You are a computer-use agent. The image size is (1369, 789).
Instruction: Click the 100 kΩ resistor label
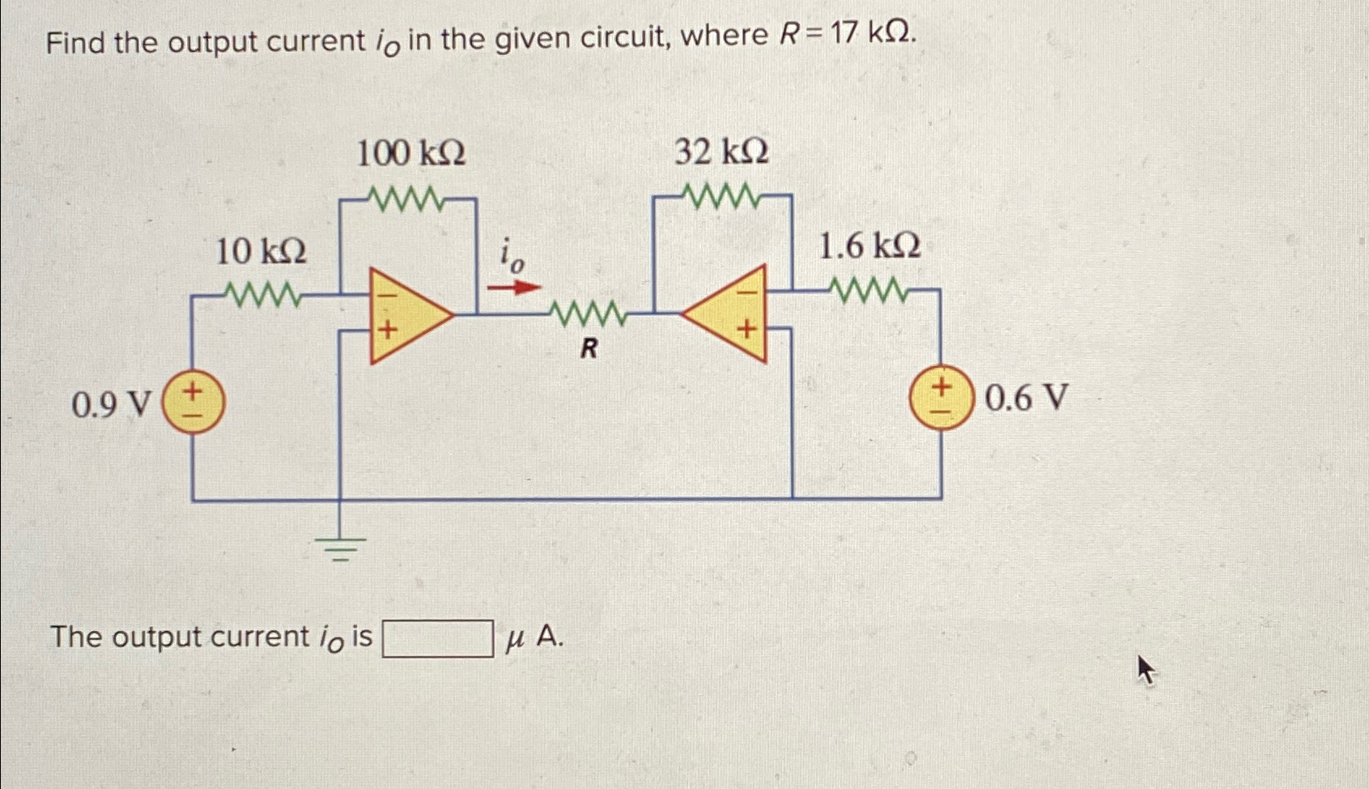point(411,153)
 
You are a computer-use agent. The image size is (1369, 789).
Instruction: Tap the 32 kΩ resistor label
point(721,151)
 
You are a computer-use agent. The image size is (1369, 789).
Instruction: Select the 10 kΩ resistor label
point(261,252)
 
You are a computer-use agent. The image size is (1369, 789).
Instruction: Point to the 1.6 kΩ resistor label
point(869,245)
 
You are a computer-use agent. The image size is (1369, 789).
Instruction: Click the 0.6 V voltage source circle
point(941,399)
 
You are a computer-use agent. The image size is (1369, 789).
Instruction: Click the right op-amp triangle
point(729,313)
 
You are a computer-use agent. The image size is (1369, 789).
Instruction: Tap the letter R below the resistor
point(589,349)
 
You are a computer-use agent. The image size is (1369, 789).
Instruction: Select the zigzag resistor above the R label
point(588,312)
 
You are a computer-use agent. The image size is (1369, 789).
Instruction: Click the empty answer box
point(437,638)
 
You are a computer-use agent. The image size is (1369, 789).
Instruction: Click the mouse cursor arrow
point(1146,670)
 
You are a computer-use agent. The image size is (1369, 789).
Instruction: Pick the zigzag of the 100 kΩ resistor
point(405,197)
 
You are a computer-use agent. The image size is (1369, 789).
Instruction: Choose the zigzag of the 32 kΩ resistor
point(721,194)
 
